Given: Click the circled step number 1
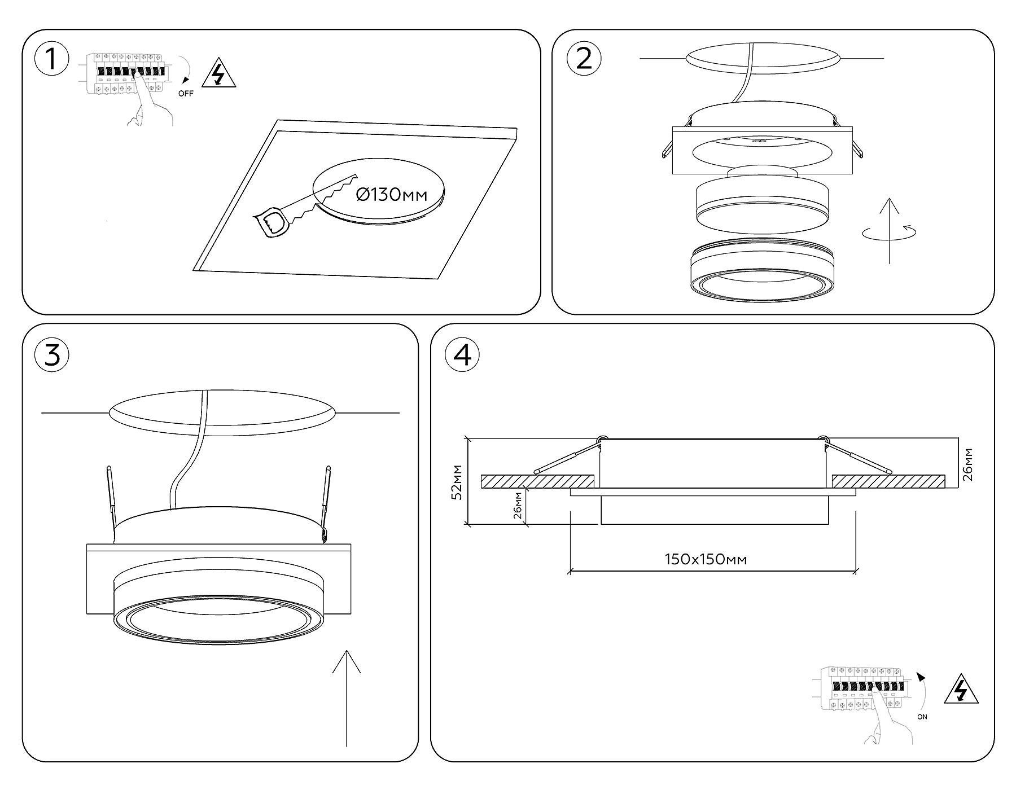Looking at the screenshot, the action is pos(52,59).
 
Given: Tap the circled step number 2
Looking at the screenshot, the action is pos(584,59).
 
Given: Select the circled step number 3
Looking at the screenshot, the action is pos(52,355).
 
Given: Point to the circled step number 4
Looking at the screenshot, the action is pos(462,355).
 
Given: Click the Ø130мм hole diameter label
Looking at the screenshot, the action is pos(392,195).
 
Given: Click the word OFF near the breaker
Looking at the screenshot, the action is pos(186,94).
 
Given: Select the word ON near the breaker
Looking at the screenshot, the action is pos(922,717).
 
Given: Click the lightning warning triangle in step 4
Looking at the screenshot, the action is pos(961,689).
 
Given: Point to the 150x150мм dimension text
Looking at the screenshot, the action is pos(706,559).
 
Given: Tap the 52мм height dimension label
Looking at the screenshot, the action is pos(458,482).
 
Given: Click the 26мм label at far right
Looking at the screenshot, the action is pos(967,464).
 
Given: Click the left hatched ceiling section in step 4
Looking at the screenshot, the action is pos(537,481).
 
